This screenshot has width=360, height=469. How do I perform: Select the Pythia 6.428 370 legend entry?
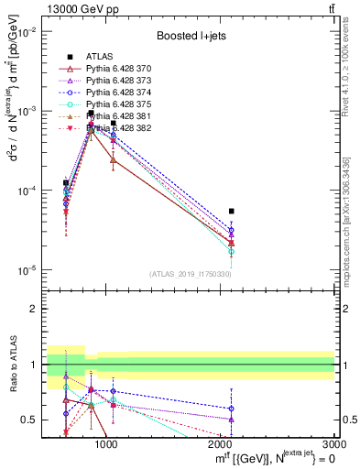pyautogui.click(x=115, y=69)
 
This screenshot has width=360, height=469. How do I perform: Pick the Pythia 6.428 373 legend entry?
pyautogui.click(x=115, y=81)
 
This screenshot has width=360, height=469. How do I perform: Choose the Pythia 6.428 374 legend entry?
pyautogui.click(x=115, y=93)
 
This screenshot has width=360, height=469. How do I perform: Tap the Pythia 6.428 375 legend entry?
pyautogui.click(x=115, y=104)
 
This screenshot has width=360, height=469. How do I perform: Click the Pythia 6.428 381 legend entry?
pyautogui.click(x=115, y=116)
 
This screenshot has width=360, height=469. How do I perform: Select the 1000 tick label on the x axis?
pyautogui.click(x=106, y=444)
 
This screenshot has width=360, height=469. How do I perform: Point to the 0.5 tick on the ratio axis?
pyautogui.click(x=31, y=420)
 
